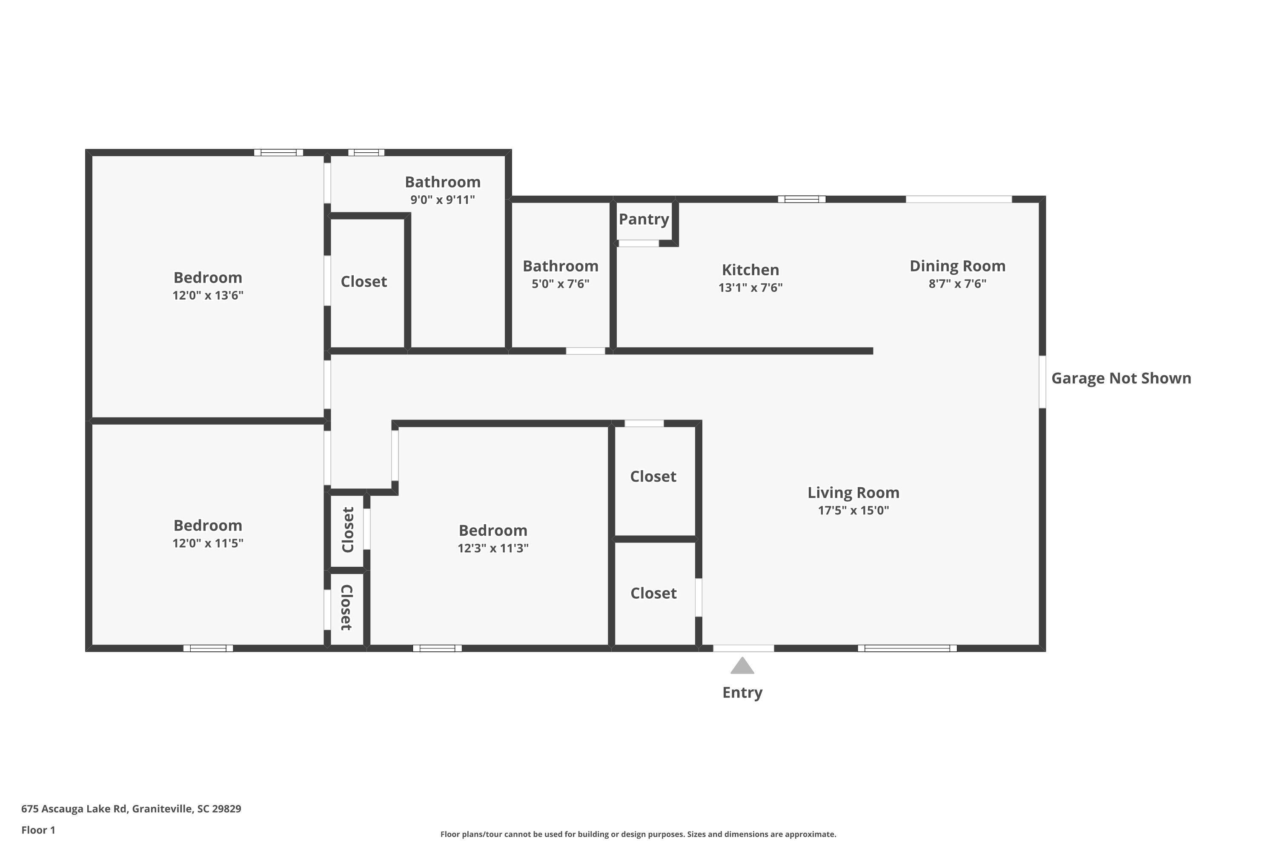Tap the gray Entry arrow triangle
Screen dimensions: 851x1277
[742, 666]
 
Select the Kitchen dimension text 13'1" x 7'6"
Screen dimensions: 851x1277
[750, 288]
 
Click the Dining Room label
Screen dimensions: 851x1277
[957, 266]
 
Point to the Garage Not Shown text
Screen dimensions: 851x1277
[1121, 378]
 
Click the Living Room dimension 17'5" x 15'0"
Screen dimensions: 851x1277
[853, 510]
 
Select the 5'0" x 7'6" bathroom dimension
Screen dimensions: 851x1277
[560, 284]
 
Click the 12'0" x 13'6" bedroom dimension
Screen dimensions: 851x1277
[208, 296]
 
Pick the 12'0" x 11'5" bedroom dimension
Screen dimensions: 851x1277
[208, 543]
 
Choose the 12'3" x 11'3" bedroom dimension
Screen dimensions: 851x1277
[492, 548]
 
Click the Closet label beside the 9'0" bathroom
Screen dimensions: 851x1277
[364, 282]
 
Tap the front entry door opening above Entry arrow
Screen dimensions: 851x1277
[743, 648]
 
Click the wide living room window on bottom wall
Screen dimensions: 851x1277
[907, 648]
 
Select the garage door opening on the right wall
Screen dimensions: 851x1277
[1042, 382]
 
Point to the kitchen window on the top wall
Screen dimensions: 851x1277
[802, 199]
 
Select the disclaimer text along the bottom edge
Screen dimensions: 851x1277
[638, 834]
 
